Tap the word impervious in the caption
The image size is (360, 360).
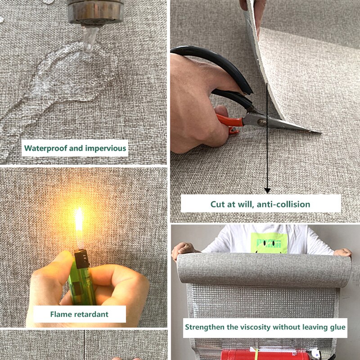click(106, 148)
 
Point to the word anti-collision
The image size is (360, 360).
click(283, 204)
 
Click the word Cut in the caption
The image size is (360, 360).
click(217, 204)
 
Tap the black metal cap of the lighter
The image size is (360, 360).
click(81, 259)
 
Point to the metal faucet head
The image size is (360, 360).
click(96, 13)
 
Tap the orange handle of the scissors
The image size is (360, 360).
click(229, 121)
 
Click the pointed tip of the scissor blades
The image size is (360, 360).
click(320, 132)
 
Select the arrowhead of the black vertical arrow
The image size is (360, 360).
click(267, 190)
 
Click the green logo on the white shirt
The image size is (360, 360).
click(269, 243)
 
